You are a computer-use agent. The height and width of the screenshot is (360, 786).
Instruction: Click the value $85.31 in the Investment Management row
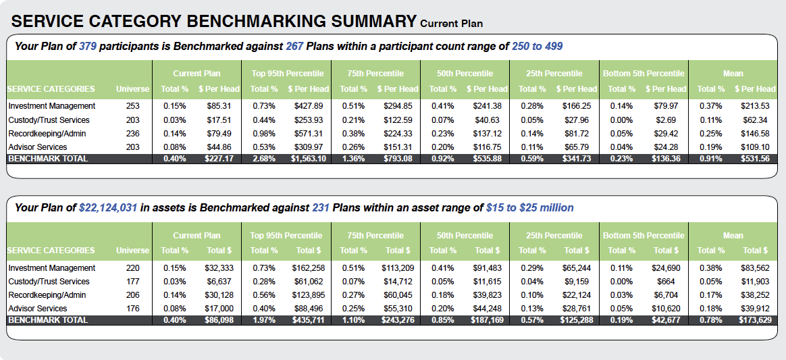(219, 106)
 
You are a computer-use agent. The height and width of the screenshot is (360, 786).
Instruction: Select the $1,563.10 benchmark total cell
(308, 159)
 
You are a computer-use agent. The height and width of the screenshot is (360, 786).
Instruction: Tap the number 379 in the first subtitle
(88, 47)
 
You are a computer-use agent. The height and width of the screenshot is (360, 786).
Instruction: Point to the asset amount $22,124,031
(108, 208)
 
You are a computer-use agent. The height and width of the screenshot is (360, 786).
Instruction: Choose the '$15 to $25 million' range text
(529, 208)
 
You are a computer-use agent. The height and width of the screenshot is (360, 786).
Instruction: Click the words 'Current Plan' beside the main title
(451, 24)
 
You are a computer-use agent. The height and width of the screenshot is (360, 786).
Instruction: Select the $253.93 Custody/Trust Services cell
(309, 120)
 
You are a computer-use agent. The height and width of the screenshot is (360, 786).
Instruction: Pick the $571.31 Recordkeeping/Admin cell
(309, 133)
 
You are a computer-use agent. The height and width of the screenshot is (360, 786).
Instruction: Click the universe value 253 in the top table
(132, 106)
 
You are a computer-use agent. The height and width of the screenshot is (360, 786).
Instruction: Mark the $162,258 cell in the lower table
(309, 268)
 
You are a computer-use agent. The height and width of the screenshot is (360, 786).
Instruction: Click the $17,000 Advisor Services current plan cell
(219, 309)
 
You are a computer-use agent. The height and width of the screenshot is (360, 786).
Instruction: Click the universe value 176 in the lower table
(132, 309)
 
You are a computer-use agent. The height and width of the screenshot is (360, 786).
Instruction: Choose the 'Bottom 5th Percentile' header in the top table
(644, 74)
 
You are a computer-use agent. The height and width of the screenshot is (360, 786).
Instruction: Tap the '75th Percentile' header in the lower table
(375, 236)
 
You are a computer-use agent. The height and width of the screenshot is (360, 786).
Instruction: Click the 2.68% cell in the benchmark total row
(263, 159)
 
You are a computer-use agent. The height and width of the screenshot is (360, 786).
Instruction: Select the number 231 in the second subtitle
(320, 208)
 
